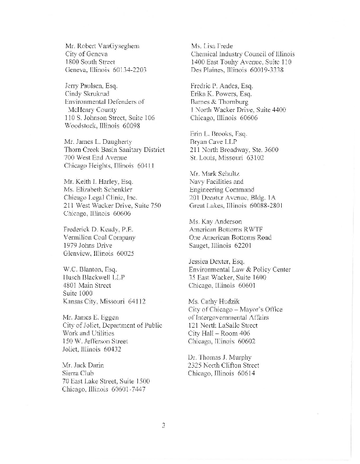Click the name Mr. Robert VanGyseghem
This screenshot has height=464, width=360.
pos(103,45)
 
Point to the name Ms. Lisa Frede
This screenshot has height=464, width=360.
pos(212,45)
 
